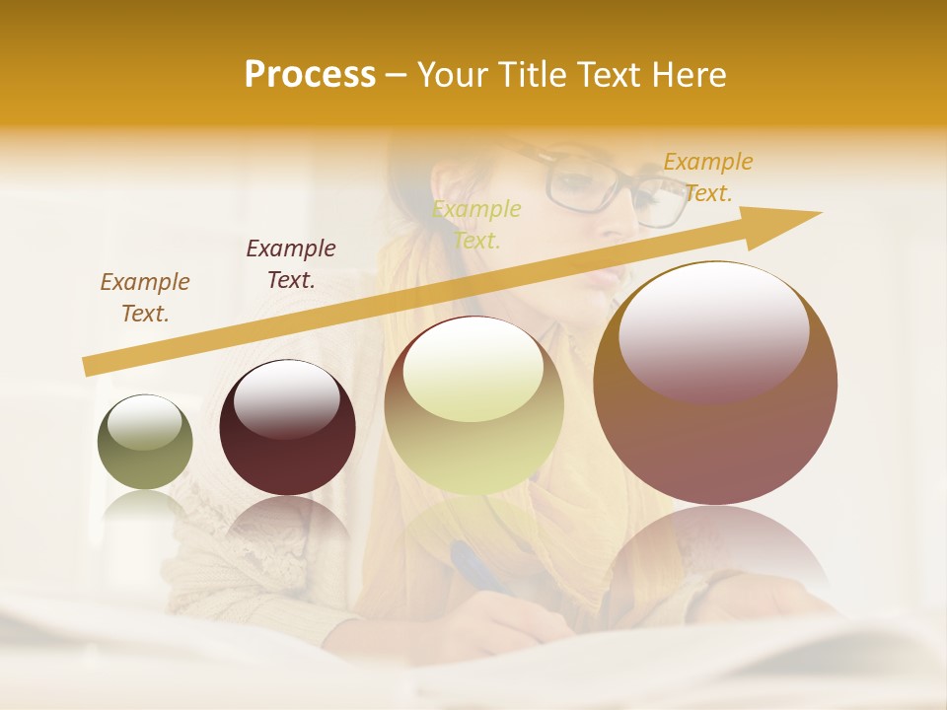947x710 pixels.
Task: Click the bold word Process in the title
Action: pyautogui.click(x=310, y=74)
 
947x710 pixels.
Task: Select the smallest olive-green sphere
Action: pyautogui.click(x=145, y=442)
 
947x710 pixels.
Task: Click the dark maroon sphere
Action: pyautogui.click(x=287, y=427)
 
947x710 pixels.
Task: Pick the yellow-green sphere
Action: pyautogui.click(x=474, y=405)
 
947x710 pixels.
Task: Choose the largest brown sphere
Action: pyautogui.click(x=715, y=383)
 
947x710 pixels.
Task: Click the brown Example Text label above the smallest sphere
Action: pyautogui.click(x=145, y=298)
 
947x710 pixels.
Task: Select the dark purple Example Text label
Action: pyautogui.click(x=291, y=264)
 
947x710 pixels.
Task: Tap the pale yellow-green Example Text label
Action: pyautogui.click(x=476, y=225)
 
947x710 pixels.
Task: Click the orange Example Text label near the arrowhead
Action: pyautogui.click(x=708, y=177)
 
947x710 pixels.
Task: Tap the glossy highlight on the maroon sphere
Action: pyautogui.click(x=286, y=398)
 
